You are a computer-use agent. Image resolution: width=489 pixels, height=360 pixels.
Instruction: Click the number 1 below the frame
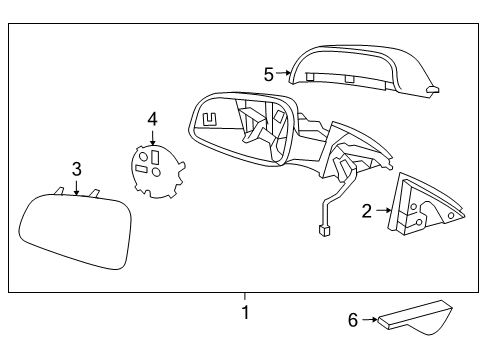(x=244, y=312)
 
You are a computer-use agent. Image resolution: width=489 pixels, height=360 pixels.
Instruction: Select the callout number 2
(x=366, y=211)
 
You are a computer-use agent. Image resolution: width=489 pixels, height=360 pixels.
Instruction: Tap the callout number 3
(x=75, y=169)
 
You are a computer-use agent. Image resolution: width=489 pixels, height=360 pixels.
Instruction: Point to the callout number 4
(x=152, y=119)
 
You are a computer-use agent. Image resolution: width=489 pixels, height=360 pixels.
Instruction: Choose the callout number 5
(x=269, y=73)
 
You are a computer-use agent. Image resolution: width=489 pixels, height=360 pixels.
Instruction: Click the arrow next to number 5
(x=284, y=73)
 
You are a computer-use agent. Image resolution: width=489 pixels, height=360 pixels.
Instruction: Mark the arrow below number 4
(x=152, y=136)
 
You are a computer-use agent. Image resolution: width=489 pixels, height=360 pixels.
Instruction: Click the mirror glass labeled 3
(x=75, y=232)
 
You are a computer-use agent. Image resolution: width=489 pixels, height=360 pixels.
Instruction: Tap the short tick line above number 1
(x=244, y=296)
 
